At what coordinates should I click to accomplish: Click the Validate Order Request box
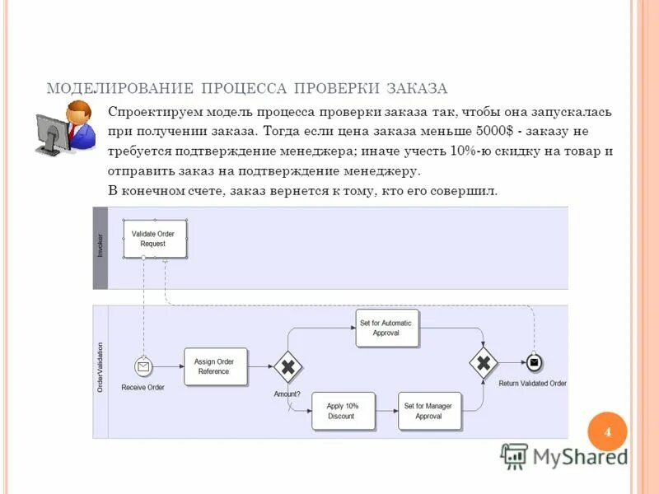154,239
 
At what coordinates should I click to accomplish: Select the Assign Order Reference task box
214,366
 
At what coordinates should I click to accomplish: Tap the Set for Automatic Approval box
386,328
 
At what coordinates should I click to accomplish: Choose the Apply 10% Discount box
342,411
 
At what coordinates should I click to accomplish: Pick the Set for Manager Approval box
428,411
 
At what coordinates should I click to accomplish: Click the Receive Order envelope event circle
144,366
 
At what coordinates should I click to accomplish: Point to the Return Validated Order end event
534,363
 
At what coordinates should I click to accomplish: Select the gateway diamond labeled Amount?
287,366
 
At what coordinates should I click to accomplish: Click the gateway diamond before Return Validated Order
484,363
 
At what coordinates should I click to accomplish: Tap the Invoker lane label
100,247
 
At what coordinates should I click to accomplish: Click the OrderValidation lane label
100,367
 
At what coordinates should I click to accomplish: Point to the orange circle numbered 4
608,432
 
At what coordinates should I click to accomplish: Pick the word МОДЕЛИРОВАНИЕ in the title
120,88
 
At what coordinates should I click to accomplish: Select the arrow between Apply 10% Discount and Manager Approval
386,411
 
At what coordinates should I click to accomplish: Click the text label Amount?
287,394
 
